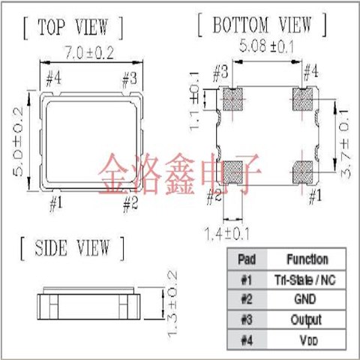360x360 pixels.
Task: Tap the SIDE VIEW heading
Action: [x=73, y=247]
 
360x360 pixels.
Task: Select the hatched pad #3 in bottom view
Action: [x=231, y=99]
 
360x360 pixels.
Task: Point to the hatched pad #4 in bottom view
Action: [x=304, y=99]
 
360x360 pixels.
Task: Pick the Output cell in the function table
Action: [x=307, y=319]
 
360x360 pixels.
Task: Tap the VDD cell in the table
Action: [x=307, y=339]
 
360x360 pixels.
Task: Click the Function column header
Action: [x=307, y=259]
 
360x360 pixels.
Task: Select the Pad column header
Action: [x=246, y=259]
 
